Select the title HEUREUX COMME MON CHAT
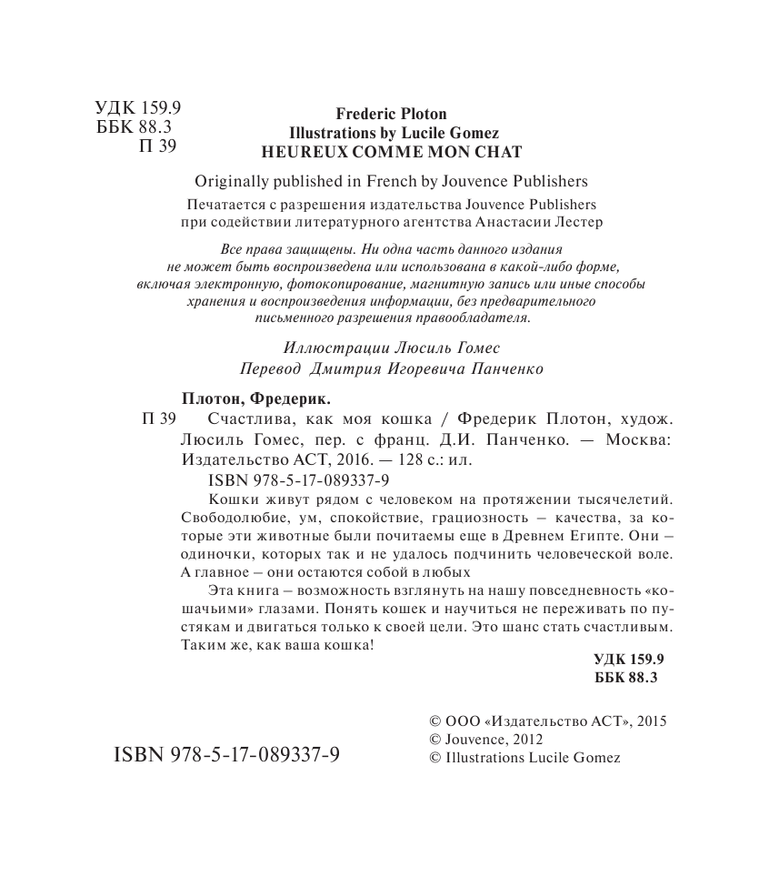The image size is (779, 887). (x=391, y=150)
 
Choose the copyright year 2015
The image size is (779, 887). (x=652, y=721)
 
